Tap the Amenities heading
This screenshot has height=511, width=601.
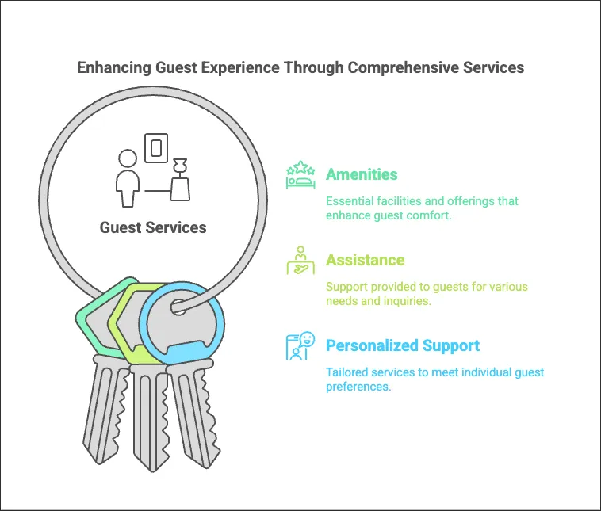click(362, 174)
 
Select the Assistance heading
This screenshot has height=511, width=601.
click(365, 260)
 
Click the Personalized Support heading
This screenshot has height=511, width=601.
click(403, 345)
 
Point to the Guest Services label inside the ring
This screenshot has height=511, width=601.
click(153, 227)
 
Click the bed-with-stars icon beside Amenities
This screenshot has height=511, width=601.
click(300, 174)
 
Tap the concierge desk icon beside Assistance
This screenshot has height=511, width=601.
click(300, 261)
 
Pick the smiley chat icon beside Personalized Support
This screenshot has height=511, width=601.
click(300, 346)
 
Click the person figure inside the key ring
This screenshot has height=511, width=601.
click(128, 178)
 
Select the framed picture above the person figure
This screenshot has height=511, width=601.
click(156, 148)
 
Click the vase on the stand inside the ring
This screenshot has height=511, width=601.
click(180, 180)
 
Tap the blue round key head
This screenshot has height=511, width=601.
click(182, 324)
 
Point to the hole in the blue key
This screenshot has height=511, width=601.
click(178, 307)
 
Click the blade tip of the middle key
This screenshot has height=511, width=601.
click(152, 470)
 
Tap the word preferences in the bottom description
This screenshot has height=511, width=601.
click(358, 387)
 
